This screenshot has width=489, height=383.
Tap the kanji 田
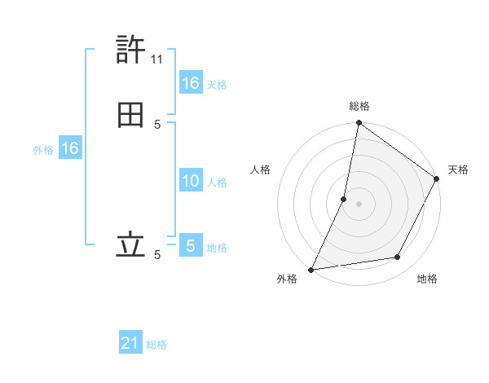pos(130,116)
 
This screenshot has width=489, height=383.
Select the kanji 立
pos(130,245)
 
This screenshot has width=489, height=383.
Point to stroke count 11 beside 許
pos(157,59)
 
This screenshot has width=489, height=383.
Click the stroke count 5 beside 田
pos(157,124)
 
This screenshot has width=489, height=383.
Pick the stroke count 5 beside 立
pos(157,255)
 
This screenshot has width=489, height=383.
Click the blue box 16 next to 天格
pos(191,83)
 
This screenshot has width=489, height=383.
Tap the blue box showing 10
pos(191,181)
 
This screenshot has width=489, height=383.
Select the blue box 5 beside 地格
pos(191,245)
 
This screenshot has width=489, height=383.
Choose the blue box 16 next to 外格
pos(69,149)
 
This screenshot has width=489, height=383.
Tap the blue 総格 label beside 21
pos(156,345)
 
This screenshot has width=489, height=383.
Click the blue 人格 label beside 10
pos(217,182)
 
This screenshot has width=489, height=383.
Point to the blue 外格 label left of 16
pos(43,150)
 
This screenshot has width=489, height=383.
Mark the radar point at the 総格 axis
pos(359,123)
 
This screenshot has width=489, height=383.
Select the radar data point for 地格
pos(398,258)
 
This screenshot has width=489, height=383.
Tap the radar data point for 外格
pos(311,269)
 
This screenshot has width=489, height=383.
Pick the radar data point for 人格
pos(344,198)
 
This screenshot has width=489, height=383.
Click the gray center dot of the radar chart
pos(359,203)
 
